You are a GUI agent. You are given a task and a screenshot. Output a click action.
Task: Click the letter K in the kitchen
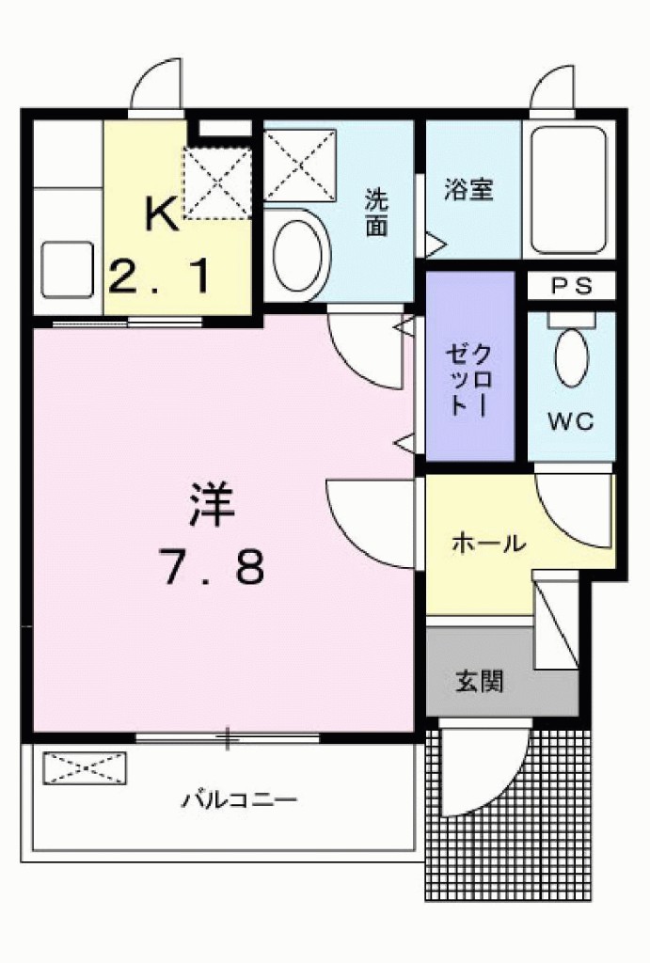tap(161, 214)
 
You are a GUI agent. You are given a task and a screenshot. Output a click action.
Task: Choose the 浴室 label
tap(468, 189)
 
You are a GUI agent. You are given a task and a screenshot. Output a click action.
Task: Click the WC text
tap(571, 422)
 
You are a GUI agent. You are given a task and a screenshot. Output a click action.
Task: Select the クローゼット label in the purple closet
tap(468, 379)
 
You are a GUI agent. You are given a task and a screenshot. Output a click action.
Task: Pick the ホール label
tap(488, 543)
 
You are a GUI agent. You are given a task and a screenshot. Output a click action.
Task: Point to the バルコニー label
tap(240, 801)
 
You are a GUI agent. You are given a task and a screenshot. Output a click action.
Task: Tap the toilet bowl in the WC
tap(570, 355)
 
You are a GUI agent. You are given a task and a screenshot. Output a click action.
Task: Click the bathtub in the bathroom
tap(567, 191)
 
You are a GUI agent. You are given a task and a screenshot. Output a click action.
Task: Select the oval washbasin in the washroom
tap(300, 255)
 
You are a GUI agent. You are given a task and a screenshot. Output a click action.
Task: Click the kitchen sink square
tap(68, 269)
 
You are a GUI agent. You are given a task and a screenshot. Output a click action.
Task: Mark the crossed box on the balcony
tap(84, 766)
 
